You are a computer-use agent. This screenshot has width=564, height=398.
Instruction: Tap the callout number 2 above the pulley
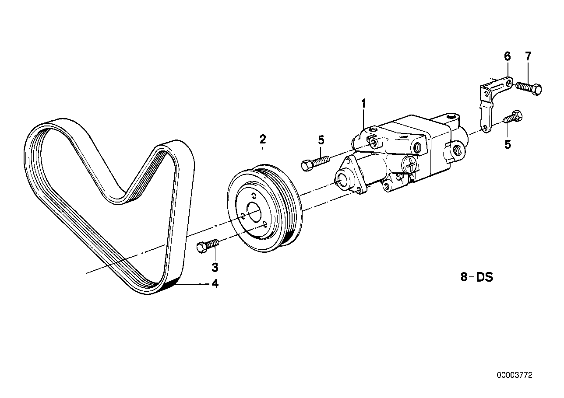263,140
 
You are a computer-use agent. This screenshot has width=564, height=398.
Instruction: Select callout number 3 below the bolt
215,266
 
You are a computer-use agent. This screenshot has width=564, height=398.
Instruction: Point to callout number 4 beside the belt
215,284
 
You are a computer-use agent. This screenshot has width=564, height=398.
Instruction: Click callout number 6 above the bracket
507,56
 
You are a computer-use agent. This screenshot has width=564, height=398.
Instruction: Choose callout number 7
528,56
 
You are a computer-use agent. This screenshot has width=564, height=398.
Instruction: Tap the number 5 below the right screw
508,144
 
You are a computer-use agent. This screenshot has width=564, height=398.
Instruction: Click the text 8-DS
477,277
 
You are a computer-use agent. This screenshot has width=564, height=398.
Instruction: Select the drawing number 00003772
515,375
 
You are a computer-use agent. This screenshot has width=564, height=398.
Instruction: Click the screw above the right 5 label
513,117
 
